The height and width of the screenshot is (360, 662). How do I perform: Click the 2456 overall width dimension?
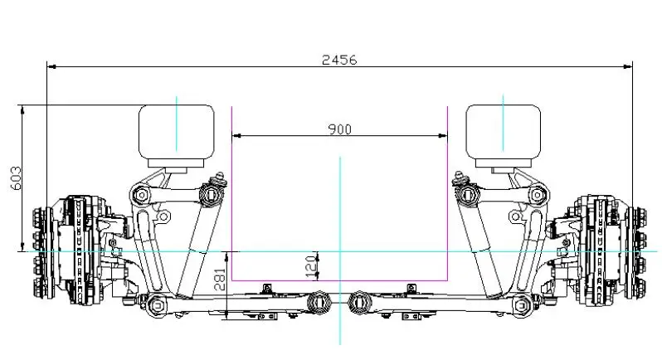click(339, 60)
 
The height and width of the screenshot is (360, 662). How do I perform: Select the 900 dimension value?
click(339, 129)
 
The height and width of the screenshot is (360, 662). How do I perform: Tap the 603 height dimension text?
click(16, 178)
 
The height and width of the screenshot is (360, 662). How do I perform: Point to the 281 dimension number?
click(221, 280)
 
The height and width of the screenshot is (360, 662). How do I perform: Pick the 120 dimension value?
click(311, 267)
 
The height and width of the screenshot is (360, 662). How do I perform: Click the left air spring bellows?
click(177, 132)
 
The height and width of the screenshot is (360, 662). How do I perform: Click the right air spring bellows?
click(504, 132)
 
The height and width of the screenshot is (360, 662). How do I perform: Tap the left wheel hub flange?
click(42, 252)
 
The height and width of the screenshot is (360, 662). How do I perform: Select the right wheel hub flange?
click(635, 252)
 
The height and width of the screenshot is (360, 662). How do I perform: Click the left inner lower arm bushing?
click(319, 303)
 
